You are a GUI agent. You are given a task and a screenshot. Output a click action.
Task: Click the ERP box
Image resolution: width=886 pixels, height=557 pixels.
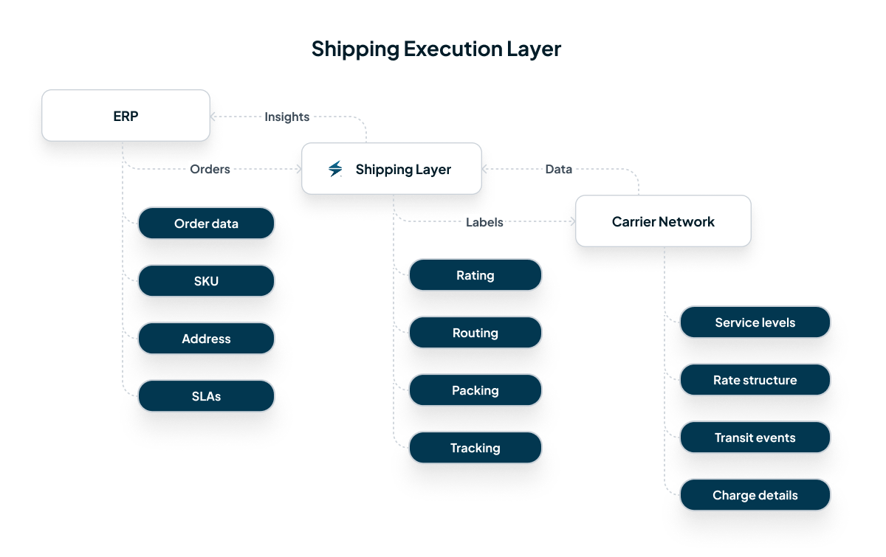tap(126, 116)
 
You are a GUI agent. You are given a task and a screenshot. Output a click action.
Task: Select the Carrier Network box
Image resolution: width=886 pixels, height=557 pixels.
tap(663, 221)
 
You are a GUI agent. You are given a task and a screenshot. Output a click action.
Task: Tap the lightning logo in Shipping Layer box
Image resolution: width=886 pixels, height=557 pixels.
tap(335, 169)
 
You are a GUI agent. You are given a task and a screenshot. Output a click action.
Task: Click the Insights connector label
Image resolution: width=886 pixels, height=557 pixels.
tap(286, 117)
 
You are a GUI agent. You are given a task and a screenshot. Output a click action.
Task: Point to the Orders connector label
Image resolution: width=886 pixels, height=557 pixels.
tap(210, 169)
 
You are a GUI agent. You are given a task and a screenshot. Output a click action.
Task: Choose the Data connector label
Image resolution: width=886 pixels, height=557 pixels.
tap(558, 169)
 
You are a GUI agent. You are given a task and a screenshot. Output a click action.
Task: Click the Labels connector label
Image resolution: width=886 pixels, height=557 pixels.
tap(484, 222)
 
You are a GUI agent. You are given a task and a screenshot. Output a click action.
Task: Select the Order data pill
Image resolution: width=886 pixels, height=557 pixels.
tap(206, 224)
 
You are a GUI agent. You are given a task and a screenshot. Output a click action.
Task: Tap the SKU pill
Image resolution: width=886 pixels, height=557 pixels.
tap(206, 281)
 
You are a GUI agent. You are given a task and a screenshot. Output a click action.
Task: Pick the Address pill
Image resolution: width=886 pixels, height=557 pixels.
tap(206, 339)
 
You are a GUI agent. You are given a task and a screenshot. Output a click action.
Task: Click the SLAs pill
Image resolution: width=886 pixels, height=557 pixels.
tap(206, 396)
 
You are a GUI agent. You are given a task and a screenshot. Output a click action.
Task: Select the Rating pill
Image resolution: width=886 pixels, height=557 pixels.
tap(475, 275)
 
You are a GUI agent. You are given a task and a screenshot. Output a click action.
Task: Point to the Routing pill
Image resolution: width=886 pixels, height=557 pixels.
tap(475, 333)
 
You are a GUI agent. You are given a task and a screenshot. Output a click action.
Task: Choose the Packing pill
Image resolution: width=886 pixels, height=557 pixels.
tap(475, 390)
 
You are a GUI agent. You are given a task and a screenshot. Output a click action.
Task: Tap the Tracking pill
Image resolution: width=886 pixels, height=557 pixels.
tap(475, 448)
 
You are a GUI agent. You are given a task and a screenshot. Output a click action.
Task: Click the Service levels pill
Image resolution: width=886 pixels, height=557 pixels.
tap(755, 322)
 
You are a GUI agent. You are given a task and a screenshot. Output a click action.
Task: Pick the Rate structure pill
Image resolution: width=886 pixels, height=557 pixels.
tap(755, 380)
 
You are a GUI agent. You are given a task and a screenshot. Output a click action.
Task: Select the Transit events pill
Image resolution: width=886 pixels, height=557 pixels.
tap(755, 437)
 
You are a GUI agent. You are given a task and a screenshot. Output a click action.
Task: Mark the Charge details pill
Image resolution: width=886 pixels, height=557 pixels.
tap(755, 495)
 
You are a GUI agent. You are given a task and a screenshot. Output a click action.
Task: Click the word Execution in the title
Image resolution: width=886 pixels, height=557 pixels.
tap(452, 49)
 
